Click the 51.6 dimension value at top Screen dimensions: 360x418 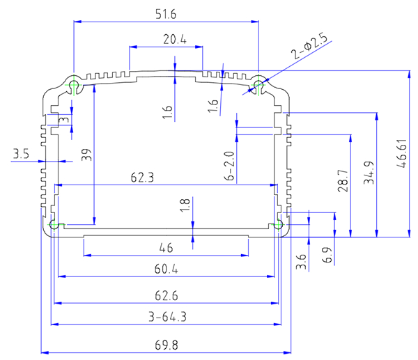(166, 14)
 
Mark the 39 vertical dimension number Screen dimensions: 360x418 (86, 155)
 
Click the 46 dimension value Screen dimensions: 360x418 (166, 247)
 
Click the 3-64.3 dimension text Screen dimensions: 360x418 (166, 317)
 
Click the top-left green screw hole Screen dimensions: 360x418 (75, 86)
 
